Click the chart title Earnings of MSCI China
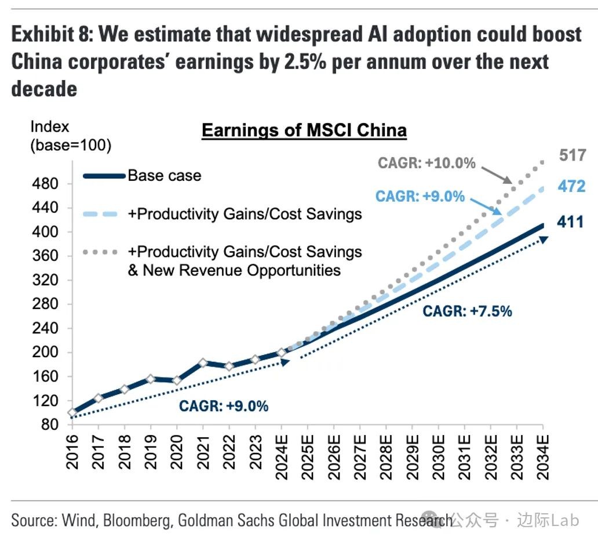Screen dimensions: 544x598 click(x=304, y=130)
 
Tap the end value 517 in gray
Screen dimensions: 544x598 click(x=573, y=155)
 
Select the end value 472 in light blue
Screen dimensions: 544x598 click(x=573, y=186)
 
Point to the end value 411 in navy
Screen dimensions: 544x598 click(x=571, y=222)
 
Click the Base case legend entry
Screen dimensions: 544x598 click(x=164, y=175)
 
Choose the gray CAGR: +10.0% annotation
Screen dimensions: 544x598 click(x=426, y=163)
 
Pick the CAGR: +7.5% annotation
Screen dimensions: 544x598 click(x=467, y=311)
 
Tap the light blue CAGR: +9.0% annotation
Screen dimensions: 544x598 click(x=420, y=196)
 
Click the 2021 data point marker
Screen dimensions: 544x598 click(x=203, y=363)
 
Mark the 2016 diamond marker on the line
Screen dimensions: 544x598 click(x=72, y=413)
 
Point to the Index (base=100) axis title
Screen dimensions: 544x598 click(x=70, y=135)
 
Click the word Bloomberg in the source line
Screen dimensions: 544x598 click(x=137, y=520)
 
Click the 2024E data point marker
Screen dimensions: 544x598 click(x=282, y=353)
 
